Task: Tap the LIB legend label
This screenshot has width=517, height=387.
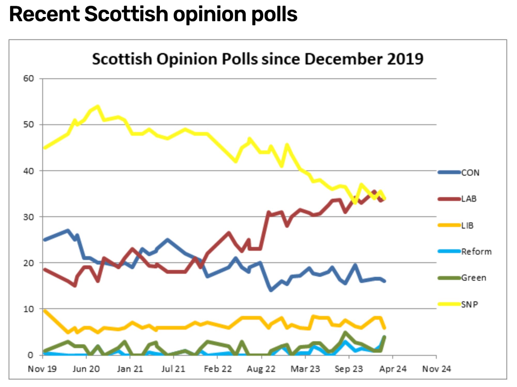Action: pos(467,226)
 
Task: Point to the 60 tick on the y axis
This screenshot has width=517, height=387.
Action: pos(29,79)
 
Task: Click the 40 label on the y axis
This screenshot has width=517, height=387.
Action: pos(29,171)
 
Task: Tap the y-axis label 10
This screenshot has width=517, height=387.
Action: pos(29,309)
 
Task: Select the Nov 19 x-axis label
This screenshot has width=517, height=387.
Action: pos(42,369)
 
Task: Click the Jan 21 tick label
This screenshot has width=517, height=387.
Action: pos(130,369)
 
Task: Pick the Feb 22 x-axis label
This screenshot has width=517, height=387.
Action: pos(218,369)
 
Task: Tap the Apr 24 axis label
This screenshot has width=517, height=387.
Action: pos(393,369)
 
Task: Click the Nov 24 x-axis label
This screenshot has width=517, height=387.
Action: pos(436,369)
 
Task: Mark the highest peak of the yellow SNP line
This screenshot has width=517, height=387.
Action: pos(98,106)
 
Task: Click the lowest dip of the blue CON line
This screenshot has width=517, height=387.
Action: pos(271,290)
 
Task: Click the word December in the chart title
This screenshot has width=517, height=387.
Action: pos(344,59)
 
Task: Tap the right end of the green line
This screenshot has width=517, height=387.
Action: pos(384,337)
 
